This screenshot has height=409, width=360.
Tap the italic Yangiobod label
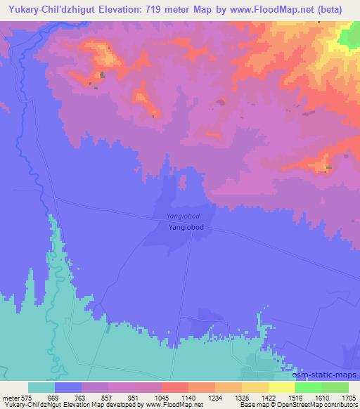(184, 216)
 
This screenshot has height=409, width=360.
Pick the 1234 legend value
(218, 397)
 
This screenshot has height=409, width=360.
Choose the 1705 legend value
(349, 397)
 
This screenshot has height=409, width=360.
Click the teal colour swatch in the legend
(41, 387)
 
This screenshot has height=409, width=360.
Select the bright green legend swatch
(309, 387)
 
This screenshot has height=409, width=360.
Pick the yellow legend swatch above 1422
(255, 387)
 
